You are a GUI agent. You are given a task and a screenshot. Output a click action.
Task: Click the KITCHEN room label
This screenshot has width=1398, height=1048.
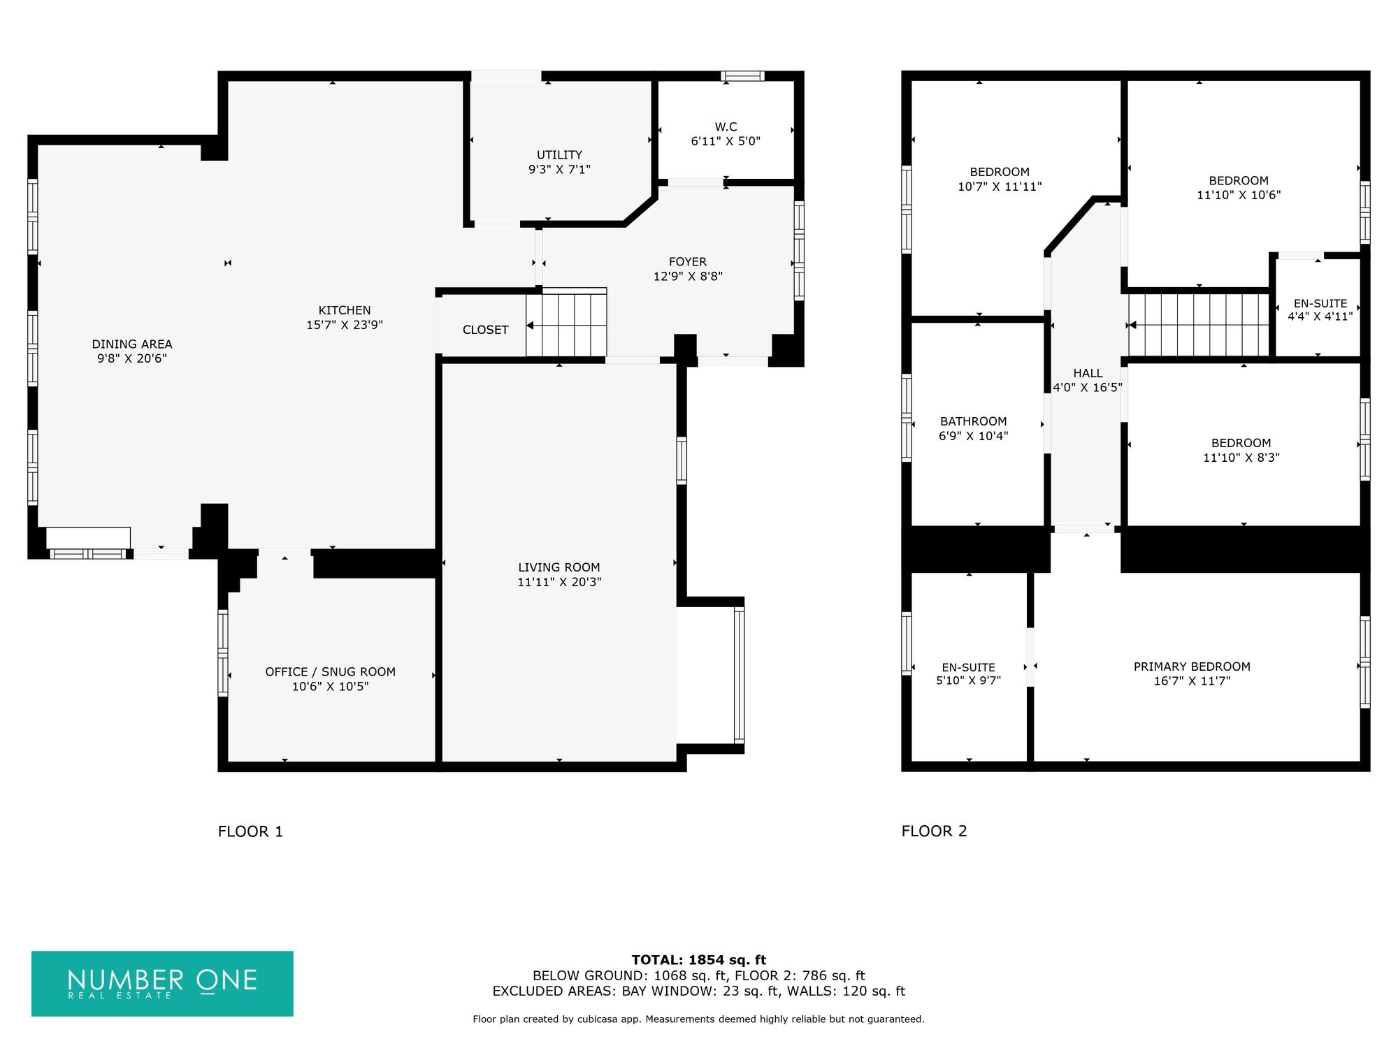345,310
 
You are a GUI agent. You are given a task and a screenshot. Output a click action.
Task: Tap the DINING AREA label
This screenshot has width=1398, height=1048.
132,344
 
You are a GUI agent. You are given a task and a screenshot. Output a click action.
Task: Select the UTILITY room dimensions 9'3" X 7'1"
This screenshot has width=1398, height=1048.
559,169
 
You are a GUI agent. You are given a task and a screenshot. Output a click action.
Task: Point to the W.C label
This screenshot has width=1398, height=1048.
726,126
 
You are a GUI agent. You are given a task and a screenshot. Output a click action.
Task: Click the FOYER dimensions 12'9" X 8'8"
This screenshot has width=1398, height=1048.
688,276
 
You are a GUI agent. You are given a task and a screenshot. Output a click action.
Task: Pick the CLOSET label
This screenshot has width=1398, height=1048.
485,330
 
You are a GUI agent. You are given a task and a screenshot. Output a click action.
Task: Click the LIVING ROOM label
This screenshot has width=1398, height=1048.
559,567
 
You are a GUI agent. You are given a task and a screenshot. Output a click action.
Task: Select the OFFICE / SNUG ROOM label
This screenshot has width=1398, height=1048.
330,671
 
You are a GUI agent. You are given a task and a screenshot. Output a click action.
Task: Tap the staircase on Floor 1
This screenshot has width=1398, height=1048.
566,323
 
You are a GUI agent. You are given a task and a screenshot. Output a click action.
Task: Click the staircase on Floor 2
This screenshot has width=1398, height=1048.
1198,325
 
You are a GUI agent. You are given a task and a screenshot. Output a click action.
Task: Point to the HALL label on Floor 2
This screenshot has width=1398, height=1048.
1088,373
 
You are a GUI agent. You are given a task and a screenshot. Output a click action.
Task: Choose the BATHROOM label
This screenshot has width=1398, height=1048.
973,421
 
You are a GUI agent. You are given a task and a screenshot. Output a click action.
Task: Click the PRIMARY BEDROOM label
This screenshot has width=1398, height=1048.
1192,667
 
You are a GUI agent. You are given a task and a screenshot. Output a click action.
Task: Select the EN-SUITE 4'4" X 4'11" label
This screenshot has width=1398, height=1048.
1320,310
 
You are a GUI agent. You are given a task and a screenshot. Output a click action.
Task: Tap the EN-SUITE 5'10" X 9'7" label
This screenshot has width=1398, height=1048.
968,674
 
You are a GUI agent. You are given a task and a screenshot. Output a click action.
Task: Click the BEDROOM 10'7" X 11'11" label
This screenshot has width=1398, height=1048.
1000,179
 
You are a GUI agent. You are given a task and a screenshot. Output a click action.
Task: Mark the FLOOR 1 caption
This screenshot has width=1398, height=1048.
250,831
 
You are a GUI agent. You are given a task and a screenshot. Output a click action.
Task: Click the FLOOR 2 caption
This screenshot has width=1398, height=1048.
934,831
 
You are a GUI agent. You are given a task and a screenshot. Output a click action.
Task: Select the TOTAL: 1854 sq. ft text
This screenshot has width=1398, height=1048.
698,960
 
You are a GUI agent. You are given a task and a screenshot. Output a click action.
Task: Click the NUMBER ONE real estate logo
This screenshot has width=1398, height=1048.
162,983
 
